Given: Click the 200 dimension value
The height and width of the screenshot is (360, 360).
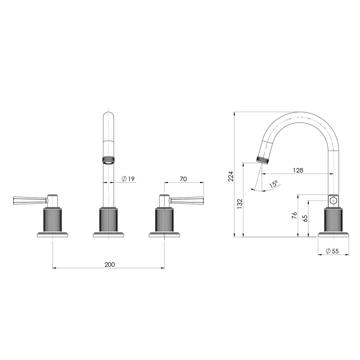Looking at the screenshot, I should pyautogui.click(x=109, y=264).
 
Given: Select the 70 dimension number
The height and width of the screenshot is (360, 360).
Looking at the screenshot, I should pyautogui.click(x=183, y=179).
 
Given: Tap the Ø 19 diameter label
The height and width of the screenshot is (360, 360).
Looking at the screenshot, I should pyautogui.click(x=128, y=179).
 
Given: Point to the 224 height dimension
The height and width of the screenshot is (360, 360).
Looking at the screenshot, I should pyautogui.click(x=231, y=176).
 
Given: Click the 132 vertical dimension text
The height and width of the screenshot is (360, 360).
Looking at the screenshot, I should pyautogui.click(x=239, y=204).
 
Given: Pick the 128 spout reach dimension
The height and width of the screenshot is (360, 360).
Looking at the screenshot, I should pyautogui.click(x=298, y=170).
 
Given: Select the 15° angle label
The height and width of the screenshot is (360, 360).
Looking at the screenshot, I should pyautogui.click(x=274, y=184).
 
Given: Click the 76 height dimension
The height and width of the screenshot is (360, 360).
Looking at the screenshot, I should pyautogui.click(x=294, y=215).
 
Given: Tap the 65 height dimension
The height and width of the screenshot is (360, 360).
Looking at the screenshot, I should pyautogui.click(x=305, y=218).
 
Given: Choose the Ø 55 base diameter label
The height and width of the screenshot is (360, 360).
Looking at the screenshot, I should pyautogui.click(x=332, y=251).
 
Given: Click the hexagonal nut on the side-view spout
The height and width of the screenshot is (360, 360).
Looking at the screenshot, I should pyautogui.click(x=333, y=201).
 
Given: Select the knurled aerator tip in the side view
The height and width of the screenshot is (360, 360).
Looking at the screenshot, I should pyautogui.click(x=263, y=160).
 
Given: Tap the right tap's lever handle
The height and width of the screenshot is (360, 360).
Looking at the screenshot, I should pyautogui.click(x=187, y=200).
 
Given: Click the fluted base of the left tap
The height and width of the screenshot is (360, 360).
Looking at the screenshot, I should pyautogui.click(x=52, y=220).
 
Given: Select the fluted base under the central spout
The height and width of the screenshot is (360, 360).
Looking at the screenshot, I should pyautogui.click(x=109, y=220).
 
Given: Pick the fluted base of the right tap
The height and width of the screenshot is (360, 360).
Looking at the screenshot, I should pyautogui.click(x=164, y=220).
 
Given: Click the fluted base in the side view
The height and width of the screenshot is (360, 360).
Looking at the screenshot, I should pyautogui.click(x=333, y=220).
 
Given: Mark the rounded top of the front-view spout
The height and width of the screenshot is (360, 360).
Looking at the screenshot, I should pyautogui.click(x=109, y=117).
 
